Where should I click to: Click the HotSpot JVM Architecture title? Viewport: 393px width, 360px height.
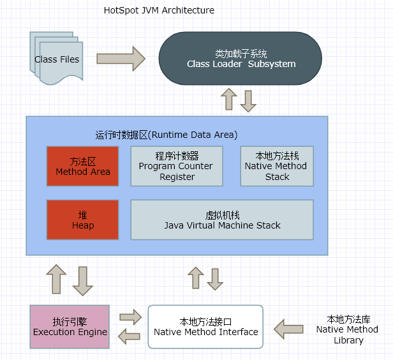(159, 11)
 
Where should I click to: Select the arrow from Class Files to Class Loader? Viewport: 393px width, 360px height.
(121, 59)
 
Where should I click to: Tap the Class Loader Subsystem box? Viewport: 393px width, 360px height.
(241, 59)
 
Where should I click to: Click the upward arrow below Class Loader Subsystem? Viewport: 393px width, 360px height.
(228, 100)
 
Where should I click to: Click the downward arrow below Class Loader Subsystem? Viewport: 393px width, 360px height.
(248, 100)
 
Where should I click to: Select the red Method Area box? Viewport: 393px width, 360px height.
(82, 166)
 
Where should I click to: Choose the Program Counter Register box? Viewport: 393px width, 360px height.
(177, 166)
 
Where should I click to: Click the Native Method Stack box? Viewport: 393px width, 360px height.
(277, 166)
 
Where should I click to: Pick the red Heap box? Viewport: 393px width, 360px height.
(82, 220)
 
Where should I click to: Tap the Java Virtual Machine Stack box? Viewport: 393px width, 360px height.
(222, 220)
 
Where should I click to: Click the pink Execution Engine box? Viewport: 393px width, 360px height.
(70, 327)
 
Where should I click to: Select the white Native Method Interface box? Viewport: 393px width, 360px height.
(205, 327)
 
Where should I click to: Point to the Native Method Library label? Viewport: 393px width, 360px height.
(348, 329)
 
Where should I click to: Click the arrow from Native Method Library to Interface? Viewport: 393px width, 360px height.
(289, 329)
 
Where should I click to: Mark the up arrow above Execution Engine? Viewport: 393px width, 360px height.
(56, 280)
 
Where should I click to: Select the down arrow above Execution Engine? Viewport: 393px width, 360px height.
(83, 281)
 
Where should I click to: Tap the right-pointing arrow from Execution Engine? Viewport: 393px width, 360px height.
(130, 316)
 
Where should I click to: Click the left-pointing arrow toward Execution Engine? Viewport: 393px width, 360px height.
(130, 336)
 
